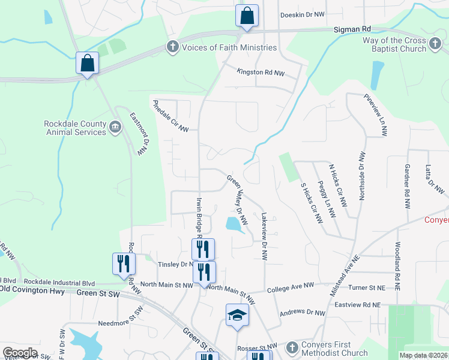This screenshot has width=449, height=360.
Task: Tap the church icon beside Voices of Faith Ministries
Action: [x=173, y=47]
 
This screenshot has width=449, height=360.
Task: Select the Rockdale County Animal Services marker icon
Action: [x=115, y=126]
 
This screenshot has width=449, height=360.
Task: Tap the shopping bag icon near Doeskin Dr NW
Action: [x=247, y=16]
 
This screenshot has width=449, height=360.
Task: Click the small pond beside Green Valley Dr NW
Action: [x=232, y=224]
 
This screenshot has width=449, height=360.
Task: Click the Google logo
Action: [x=20, y=353]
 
